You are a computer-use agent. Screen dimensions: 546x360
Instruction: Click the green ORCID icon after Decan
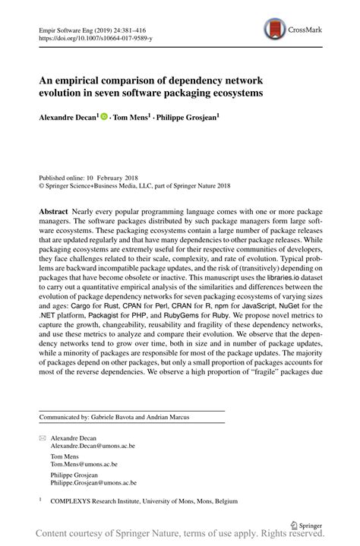tap(104, 118)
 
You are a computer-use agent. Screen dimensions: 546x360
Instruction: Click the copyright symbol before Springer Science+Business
tap(41, 184)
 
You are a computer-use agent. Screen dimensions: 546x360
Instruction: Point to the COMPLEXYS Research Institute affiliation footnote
tap(144, 501)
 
